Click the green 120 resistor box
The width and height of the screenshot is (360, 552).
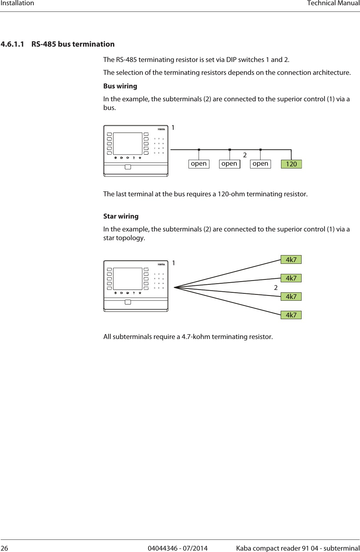pos(291,164)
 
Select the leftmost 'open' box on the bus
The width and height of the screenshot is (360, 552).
pos(199,164)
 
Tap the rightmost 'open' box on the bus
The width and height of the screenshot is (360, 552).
pos(260,164)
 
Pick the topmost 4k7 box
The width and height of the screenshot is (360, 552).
pos(291,260)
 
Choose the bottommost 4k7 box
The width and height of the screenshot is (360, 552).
pos(291,315)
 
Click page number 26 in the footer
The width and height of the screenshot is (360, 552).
pos(4,548)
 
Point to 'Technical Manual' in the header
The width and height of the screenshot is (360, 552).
pos(333,3)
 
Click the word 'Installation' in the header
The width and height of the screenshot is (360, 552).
pos(17,3)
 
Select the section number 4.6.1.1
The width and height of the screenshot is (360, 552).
pos(13,44)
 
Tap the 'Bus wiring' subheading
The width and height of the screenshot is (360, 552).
pos(120,86)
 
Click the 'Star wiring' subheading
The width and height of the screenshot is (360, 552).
pos(121,216)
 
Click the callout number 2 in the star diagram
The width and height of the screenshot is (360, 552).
pos(276,288)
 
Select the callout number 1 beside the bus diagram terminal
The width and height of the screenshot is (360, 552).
pos(173,128)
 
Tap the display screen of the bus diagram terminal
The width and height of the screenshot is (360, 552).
pos(128,143)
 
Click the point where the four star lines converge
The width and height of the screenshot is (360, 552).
pos(175,287)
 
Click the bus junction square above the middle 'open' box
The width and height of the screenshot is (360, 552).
pos(230,150)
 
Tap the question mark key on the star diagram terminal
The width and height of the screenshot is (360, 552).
pos(134,293)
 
